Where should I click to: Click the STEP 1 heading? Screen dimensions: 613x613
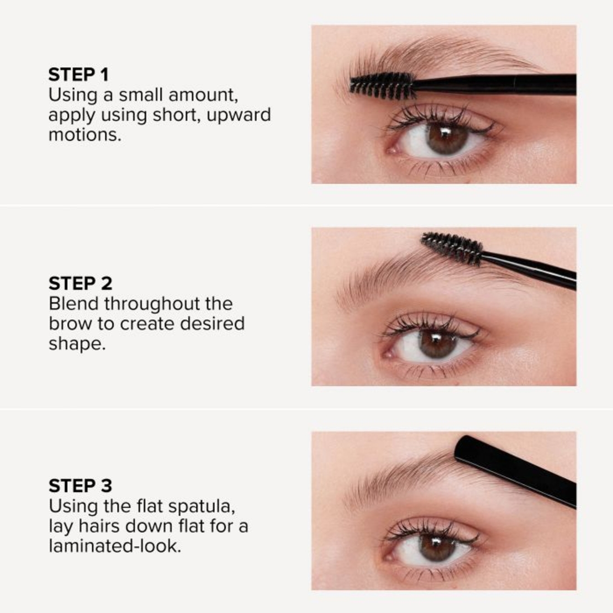pyautogui.click(x=78, y=75)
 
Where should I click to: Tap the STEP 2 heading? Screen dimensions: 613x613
pyautogui.click(x=80, y=283)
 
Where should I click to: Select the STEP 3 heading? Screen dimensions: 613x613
pyautogui.click(x=80, y=486)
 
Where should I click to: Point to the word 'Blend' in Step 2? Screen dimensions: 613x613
pyautogui.click(x=73, y=304)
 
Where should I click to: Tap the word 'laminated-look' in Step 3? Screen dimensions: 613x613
pyautogui.click(x=114, y=547)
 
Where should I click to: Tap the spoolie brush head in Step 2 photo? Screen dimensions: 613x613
pyautogui.click(x=452, y=248)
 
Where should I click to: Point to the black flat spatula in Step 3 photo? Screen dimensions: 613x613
pyautogui.click(x=514, y=469)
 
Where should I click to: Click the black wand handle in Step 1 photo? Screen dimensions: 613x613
pyautogui.click(x=497, y=84)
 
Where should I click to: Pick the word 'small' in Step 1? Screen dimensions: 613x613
pyautogui.click(x=140, y=95)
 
